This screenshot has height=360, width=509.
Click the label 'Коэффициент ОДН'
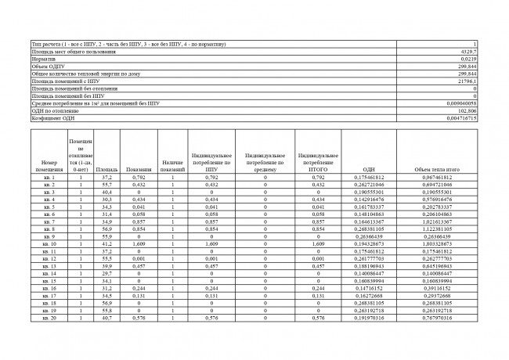coord(51,118)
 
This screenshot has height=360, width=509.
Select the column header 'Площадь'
coord(106,169)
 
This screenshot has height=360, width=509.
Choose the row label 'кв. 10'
coord(49,245)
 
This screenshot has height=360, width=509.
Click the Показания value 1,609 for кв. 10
coord(138,245)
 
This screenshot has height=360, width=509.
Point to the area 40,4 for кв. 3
coord(106,192)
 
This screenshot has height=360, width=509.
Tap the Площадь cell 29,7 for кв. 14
coord(106,275)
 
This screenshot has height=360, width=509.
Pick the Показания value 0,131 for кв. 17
coord(138,297)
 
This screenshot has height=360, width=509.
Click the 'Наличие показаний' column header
coord(172,165)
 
